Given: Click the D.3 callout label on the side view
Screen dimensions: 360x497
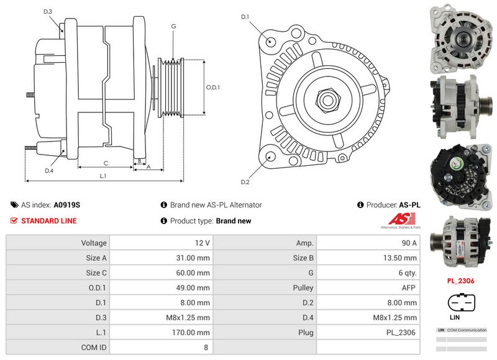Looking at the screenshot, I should point(48,12).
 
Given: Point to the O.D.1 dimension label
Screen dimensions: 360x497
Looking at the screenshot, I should point(213,87).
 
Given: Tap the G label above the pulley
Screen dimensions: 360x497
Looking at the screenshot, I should point(173,26).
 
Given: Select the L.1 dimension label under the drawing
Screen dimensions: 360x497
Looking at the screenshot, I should point(103,176).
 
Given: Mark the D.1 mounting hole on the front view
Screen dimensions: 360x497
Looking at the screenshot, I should point(271,41).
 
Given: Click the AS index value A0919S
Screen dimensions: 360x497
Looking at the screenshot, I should point(67,205).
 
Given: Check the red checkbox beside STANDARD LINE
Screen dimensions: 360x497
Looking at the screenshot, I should point(14,221).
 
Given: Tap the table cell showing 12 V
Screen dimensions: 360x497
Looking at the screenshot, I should point(203,243).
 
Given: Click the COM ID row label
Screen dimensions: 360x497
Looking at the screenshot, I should point(94,348).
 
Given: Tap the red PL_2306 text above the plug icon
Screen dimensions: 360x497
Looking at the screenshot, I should point(460,281).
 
